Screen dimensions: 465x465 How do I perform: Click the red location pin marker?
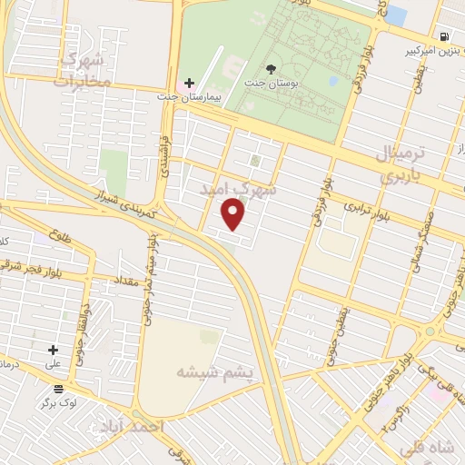pyautogui.click(x=234, y=213)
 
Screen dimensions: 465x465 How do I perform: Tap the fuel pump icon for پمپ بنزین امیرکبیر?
pyautogui.click(x=442, y=37)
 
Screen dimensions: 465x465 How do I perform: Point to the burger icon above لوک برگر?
pyautogui.click(x=58, y=388)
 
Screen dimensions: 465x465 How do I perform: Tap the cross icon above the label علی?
pyautogui.click(x=53, y=350)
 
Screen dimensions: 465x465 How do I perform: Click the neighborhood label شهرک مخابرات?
pyautogui.click(x=82, y=70)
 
